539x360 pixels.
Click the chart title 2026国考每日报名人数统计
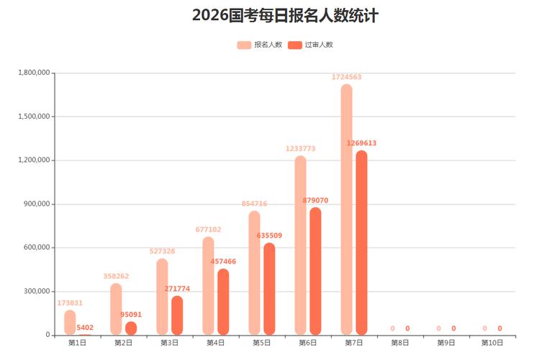tap(285, 16)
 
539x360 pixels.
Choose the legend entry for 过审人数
tap(310, 45)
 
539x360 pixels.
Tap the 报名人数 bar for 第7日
tap(347, 209)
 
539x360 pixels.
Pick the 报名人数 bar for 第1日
tap(70, 323)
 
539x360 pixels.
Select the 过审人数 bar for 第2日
tap(131, 328)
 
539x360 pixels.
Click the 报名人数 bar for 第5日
tap(255, 273)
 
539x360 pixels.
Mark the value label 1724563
tap(346, 77)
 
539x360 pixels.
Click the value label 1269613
tap(361, 143)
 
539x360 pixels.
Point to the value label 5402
tap(85, 328)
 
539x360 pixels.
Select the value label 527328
tap(162, 251)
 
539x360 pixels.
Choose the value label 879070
tap(315, 200)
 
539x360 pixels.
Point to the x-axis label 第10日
tap(492, 343)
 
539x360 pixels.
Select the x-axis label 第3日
tap(169, 343)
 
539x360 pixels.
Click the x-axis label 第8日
tap(400, 343)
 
